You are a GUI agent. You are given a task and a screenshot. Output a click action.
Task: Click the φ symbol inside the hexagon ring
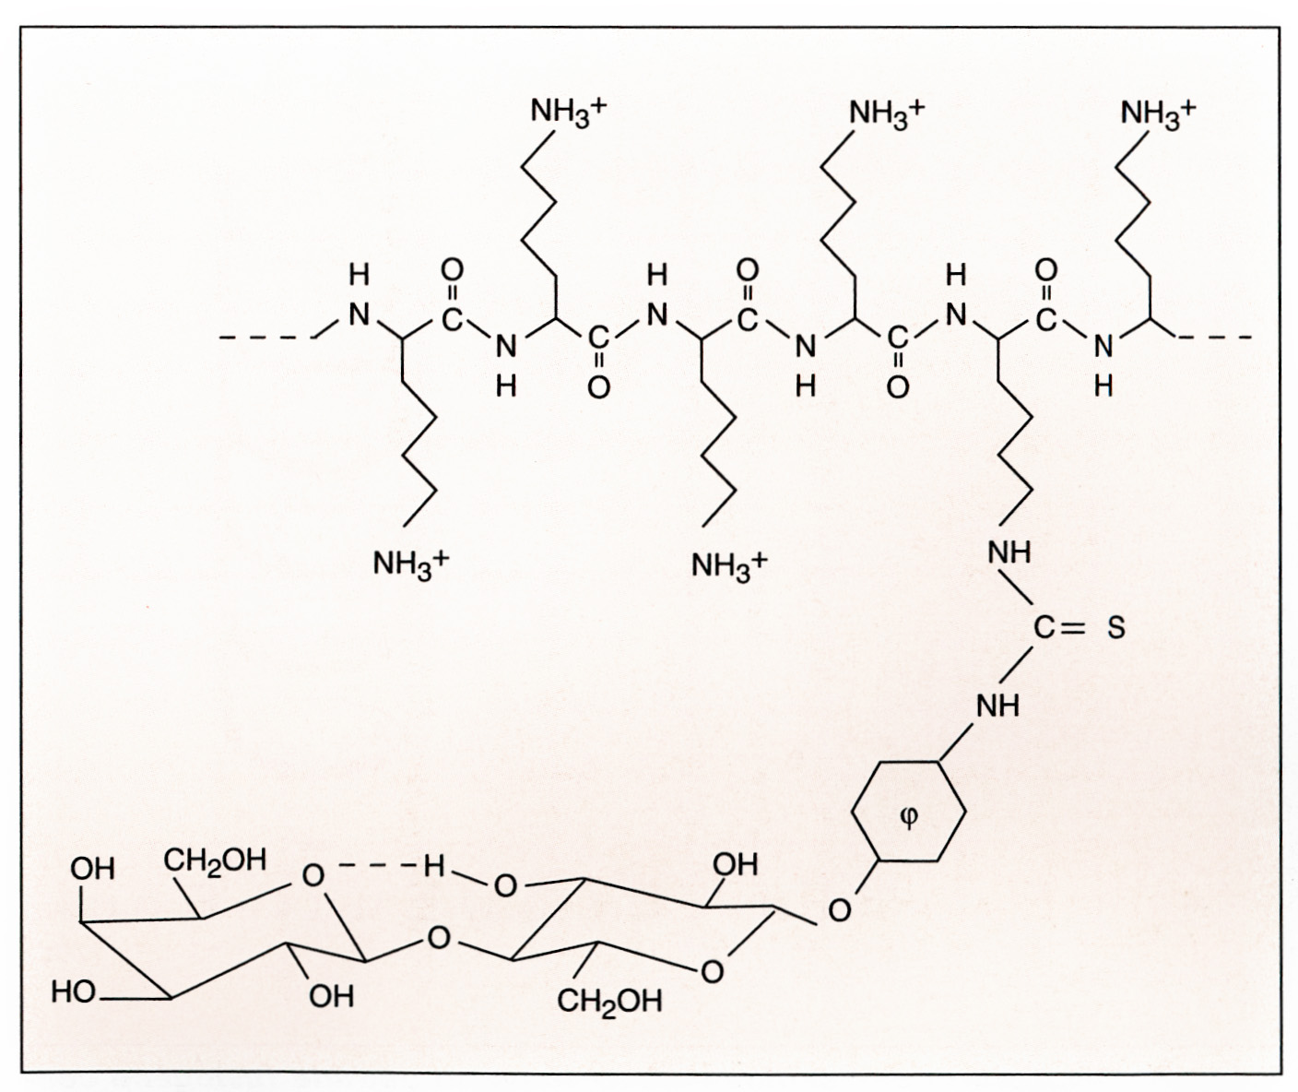[909, 817]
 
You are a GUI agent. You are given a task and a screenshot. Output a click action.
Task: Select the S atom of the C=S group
[1115, 629]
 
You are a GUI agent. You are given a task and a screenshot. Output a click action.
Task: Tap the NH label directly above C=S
[1009, 554]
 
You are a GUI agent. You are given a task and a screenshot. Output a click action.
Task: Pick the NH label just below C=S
[998, 706]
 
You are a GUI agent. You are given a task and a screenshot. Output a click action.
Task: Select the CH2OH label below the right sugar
[609, 1003]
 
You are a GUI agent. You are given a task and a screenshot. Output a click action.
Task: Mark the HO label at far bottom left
[75, 992]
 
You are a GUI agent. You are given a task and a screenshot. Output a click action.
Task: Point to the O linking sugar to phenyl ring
[840, 911]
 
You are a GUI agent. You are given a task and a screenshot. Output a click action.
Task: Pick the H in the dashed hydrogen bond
[433, 868]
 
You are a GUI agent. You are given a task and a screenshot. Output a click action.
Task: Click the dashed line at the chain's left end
[267, 338]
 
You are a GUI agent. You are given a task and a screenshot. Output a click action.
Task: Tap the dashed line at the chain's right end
[1217, 338]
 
